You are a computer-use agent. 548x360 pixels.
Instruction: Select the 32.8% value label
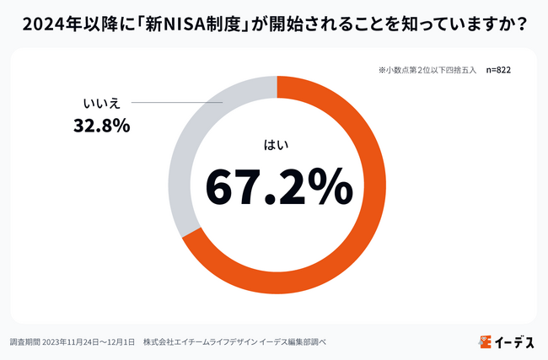(x=99, y=126)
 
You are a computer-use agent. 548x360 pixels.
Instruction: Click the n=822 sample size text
(x=492, y=70)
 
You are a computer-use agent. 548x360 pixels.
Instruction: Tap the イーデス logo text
(x=515, y=341)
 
